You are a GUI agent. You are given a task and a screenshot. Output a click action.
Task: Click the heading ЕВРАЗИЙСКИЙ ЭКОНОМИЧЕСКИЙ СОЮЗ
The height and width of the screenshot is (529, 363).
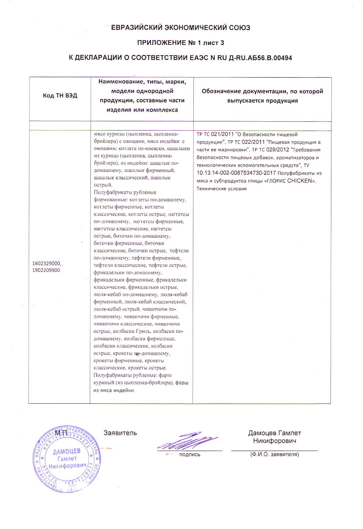click(181, 28)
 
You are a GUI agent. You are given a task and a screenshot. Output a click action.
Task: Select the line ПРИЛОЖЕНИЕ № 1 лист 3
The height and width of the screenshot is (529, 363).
click(181, 43)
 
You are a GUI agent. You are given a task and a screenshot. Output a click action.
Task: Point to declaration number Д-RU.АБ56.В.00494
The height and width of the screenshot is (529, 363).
click(260, 58)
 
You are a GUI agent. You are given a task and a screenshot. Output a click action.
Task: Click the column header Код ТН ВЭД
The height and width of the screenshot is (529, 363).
click(60, 96)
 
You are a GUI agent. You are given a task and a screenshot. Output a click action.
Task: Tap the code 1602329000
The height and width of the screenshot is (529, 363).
click(47, 264)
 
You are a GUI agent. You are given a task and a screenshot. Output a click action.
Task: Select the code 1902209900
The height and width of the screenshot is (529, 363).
click(46, 270)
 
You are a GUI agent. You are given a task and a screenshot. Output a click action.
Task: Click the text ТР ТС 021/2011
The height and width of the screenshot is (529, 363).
click(215, 134)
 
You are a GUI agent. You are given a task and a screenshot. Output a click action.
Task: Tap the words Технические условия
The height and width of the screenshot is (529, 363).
click(221, 189)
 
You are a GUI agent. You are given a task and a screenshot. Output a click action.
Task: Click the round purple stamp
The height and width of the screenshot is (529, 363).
click(67, 459)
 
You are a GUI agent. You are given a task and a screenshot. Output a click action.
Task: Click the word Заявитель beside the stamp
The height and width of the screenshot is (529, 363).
click(120, 433)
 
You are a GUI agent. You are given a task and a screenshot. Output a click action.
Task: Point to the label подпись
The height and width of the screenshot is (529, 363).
click(189, 455)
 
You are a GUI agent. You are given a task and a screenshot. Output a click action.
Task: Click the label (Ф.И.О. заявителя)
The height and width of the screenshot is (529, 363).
click(275, 455)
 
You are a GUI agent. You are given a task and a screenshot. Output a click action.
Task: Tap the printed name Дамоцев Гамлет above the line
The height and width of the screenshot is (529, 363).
click(275, 433)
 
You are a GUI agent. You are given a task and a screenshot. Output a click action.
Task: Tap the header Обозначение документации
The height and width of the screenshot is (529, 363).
click(262, 91)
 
